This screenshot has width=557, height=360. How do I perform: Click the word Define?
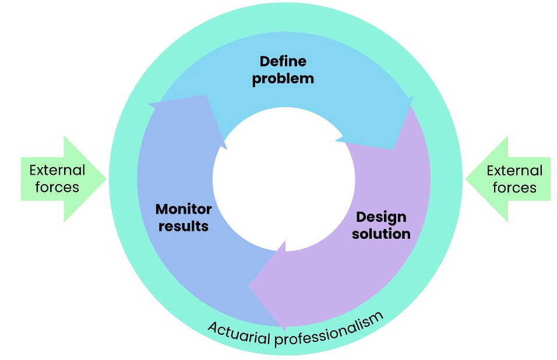pos(283,61)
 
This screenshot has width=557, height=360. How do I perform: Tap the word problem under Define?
pos(283,79)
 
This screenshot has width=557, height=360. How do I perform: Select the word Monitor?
pos(184,209)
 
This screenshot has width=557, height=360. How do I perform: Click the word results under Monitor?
pos(184,226)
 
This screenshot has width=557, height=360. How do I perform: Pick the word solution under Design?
pos(381,234)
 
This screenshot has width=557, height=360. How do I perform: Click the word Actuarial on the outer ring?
pos(239,333)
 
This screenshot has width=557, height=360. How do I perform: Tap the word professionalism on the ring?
pos(329,330)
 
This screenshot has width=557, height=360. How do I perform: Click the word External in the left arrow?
pos(57,171)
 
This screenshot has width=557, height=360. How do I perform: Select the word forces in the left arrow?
pos(57,188)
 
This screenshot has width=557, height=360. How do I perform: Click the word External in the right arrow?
pos(514,171)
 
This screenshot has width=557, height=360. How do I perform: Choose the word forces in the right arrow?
pos(514,188)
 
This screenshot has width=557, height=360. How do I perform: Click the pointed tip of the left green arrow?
pos(106,179)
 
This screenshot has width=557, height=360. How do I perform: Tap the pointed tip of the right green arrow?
pos(466,179)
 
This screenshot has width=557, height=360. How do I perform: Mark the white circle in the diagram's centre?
pos(284,179)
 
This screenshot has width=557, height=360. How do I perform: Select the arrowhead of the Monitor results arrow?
pos(188,117)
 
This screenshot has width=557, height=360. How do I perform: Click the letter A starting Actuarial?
pos(213,327)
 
